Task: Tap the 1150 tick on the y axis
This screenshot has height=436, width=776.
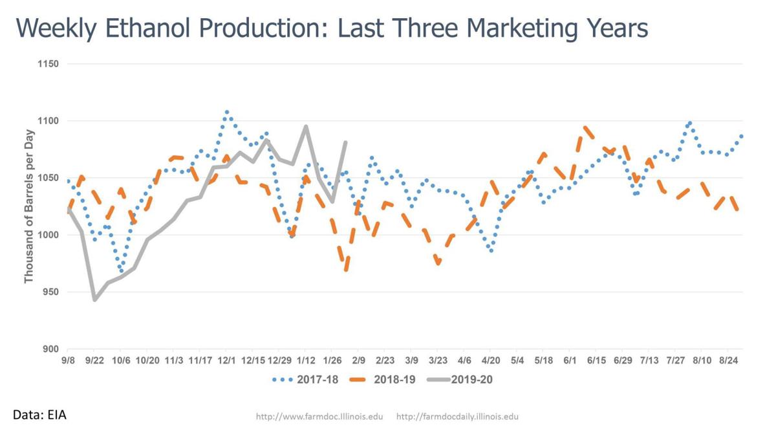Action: [x=48, y=64]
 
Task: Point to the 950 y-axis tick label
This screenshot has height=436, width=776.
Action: [x=50, y=292]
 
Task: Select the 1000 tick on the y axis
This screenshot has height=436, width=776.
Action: [x=48, y=235]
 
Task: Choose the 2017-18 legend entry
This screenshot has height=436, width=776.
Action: [x=305, y=379]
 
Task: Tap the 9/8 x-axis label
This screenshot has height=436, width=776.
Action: [x=67, y=359]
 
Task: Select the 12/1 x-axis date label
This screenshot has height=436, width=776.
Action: [x=226, y=359]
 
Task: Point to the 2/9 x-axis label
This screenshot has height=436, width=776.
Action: [x=359, y=359]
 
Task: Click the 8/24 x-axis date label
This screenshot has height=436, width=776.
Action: [x=729, y=359]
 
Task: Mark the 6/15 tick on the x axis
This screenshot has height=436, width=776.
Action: [x=596, y=359]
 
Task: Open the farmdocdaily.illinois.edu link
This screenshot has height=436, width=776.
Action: [x=457, y=417]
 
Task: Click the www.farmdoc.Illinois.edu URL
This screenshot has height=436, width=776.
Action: [x=319, y=417]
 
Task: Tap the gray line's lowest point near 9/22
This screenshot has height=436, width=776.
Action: [x=95, y=300]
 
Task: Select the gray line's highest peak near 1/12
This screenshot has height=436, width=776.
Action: [x=306, y=126]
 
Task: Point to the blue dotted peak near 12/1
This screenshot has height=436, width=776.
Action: [x=226, y=111]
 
